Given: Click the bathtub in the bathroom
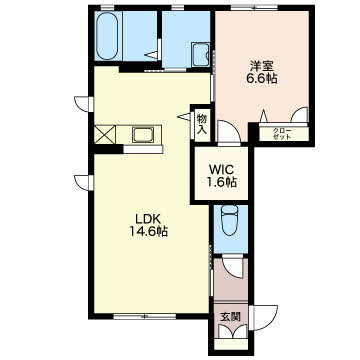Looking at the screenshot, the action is (x=107, y=36).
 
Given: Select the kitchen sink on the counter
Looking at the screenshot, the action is (x=143, y=135).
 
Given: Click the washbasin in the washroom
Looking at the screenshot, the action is (x=201, y=55).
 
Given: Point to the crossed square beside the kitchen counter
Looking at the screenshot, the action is (x=105, y=135).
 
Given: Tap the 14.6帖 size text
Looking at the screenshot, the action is (x=148, y=231).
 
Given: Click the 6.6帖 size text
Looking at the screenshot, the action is (x=262, y=79).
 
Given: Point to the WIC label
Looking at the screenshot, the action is (x=221, y=170).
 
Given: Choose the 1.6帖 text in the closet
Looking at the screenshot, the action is (x=221, y=182).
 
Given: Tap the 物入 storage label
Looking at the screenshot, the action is (x=202, y=124).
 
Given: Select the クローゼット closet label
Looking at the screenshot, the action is (x=282, y=134).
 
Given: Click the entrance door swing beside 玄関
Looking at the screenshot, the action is (x=263, y=318).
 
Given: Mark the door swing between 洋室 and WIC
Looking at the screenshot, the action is (x=229, y=133).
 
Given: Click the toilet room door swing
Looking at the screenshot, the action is (x=234, y=266).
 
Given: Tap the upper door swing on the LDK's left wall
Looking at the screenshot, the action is (x=84, y=104).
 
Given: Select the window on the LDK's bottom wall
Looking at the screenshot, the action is (x=145, y=316).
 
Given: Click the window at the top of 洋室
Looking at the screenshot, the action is (x=254, y=8).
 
